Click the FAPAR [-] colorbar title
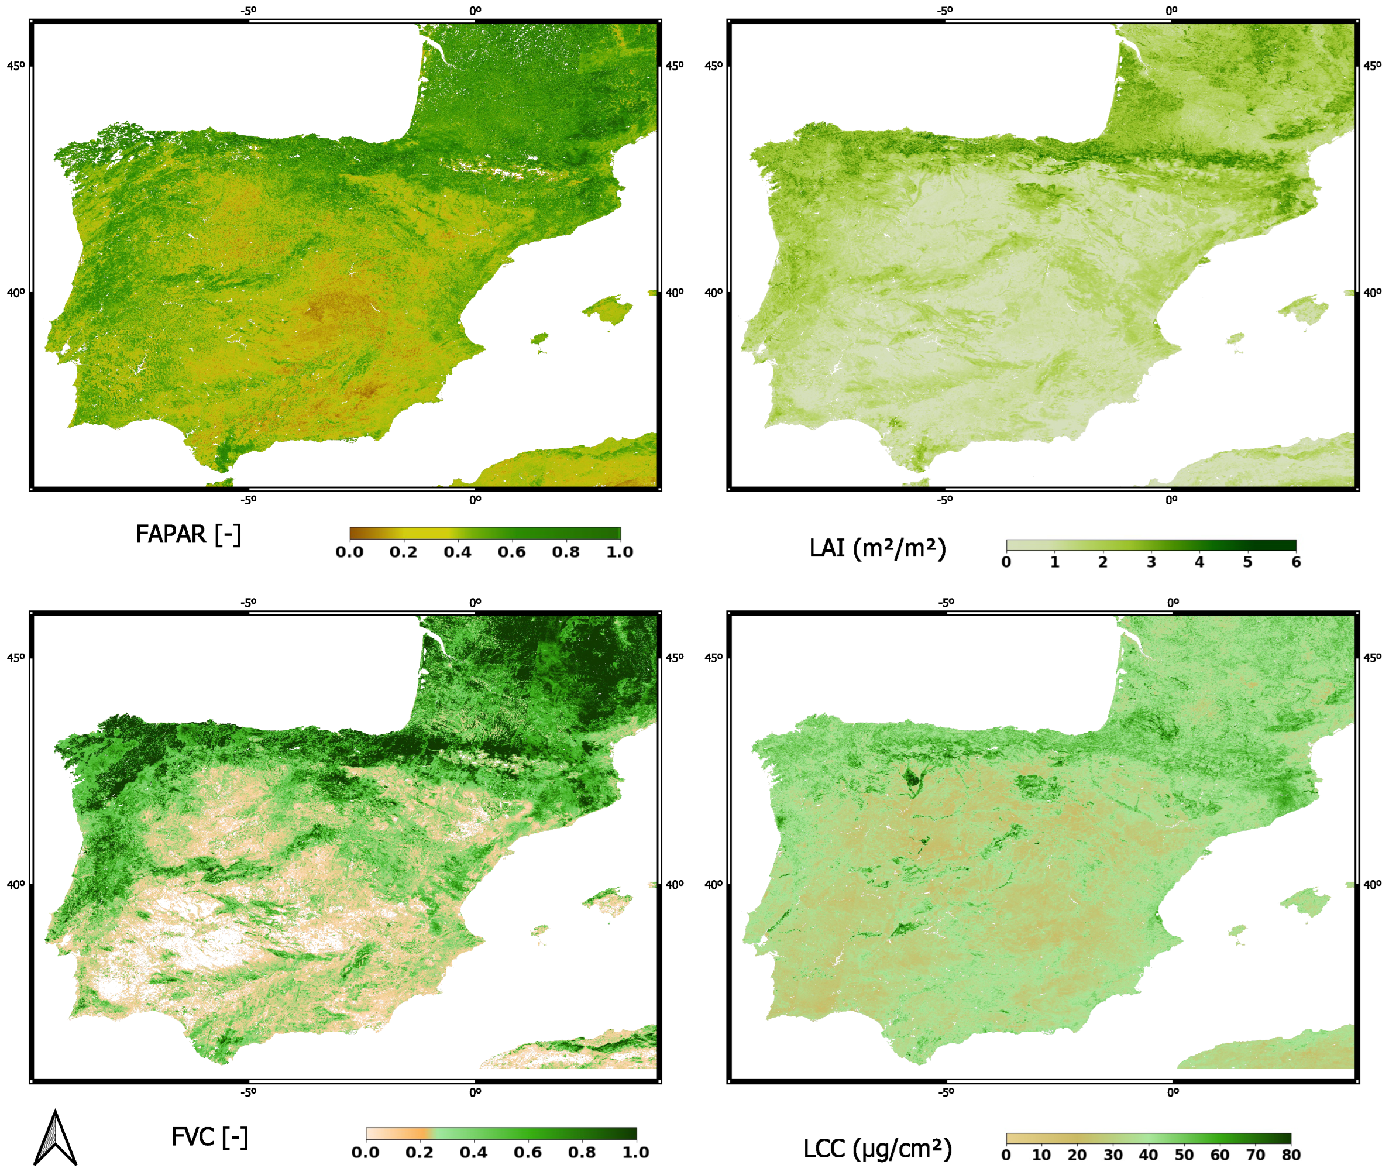click(x=188, y=535)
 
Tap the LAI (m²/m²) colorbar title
click(x=877, y=549)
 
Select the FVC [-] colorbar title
click(x=209, y=1138)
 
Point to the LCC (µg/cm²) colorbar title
click(x=877, y=1149)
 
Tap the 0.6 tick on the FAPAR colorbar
click(x=511, y=552)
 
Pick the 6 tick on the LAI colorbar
click(x=1296, y=562)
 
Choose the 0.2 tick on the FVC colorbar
click(x=420, y=1153)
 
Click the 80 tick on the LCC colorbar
click(x=1291, y=1156)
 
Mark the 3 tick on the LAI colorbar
click(x=1151, y=562)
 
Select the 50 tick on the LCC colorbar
click(x=1184, y=1156)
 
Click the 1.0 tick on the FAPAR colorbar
click(x=619, y=552)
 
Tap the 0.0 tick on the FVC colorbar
click(x=366, y=1153)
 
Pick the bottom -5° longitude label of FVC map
click(x=248, y=1093)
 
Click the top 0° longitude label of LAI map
click(x=1171, y=11)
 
